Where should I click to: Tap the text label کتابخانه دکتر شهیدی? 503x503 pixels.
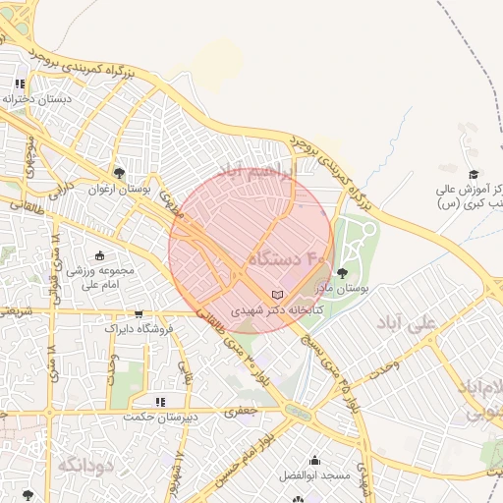coord(267,308)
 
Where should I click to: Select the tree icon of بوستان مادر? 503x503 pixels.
coord(342,273)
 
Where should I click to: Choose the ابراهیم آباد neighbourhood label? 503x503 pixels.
coord(258,171)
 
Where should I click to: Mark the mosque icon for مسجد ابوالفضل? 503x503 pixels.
coord(314,460)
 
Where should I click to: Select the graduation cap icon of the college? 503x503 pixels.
coord(474,174)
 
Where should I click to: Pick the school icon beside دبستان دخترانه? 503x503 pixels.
coord(21,84)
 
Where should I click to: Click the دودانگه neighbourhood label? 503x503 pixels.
coord(86,464)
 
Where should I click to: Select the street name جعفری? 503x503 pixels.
coord(243,412)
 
